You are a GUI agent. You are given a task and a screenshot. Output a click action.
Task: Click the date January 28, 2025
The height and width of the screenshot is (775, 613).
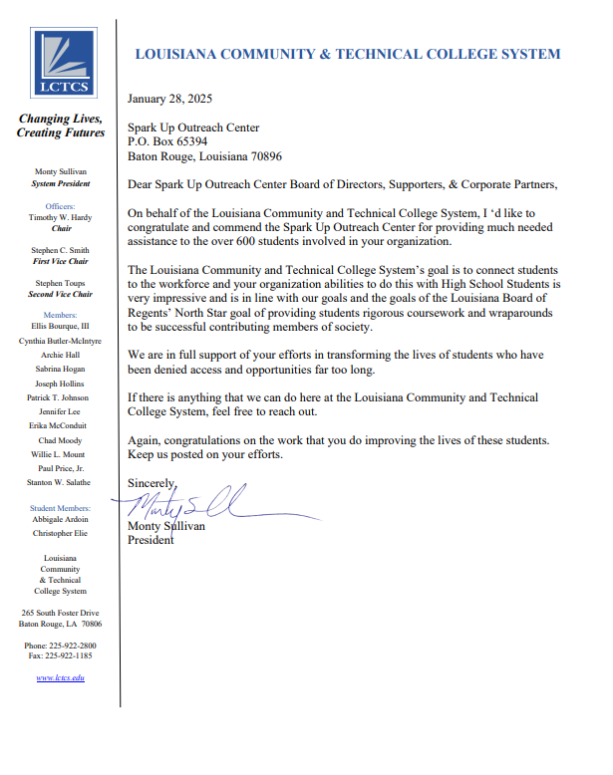coord(169,99)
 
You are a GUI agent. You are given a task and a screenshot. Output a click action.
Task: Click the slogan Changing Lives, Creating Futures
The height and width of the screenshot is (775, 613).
coord(60,126)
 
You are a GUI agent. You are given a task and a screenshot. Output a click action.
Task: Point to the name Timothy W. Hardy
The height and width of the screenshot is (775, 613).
coord(60,216)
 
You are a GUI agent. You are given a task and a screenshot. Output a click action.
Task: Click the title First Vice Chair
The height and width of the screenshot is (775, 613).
coord(60,260)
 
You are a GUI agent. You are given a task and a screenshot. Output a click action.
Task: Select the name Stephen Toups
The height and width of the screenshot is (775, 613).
coord(60,283)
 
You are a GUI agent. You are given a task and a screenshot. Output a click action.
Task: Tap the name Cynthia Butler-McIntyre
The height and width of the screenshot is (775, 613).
coord(60,340)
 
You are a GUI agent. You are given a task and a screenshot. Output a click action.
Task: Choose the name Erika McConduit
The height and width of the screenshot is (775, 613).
coord(60,425)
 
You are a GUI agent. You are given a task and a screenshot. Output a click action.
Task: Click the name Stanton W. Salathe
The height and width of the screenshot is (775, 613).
coord(60,482)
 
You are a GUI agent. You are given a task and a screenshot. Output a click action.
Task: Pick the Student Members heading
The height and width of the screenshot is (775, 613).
coord(60,508)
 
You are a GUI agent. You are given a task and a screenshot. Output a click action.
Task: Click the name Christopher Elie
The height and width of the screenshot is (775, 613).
coord(60,534)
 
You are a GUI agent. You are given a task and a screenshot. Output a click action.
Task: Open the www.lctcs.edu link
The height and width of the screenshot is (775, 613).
coord(60,678)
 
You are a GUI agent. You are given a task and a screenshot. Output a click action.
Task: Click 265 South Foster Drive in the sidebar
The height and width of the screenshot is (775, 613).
coord(60,613)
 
